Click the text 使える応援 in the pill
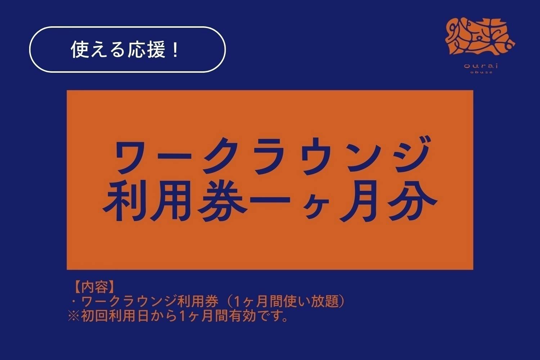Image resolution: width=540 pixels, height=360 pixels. [119, 50]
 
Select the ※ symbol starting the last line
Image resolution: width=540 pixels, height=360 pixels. [74, 316]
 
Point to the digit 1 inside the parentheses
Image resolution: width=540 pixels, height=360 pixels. [238, 302]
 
